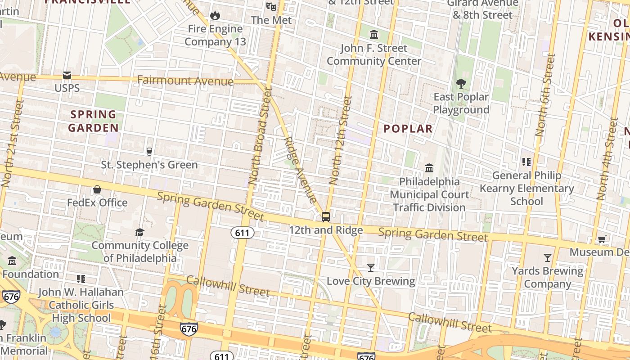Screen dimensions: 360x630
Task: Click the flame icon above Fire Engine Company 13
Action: [x=215, y=15]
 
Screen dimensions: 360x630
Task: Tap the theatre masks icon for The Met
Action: [x=270, y=6]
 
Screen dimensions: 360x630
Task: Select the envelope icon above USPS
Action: [x=67, y=75]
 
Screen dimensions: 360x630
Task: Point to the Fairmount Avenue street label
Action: [x=185, y=81]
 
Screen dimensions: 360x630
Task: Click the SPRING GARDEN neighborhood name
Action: [x=93, y=121]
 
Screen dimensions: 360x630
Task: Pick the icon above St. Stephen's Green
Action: [x=149, y=151]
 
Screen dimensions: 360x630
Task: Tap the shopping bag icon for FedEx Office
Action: [x=97, y=189]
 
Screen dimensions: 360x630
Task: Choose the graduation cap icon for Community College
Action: [x=140, y=232]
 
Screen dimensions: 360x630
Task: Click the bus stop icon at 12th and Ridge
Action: [x=326, y=217]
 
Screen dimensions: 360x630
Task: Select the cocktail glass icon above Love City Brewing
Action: [x=370, y=268]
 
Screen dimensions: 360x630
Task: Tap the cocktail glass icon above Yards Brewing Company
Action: [x=547, y=258]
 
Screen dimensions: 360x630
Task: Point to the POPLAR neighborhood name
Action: [x=408, y=129]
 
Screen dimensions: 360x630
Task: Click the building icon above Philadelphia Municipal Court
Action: [x=429, y=168]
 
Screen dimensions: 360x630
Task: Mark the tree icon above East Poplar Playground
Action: [x=461, y=83]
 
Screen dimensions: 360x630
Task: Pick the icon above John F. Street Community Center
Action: [x=374, y=35]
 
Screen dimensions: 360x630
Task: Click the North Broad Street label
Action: [x=261, y=135]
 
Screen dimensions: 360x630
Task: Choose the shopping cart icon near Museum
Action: [x=602, y=239]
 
